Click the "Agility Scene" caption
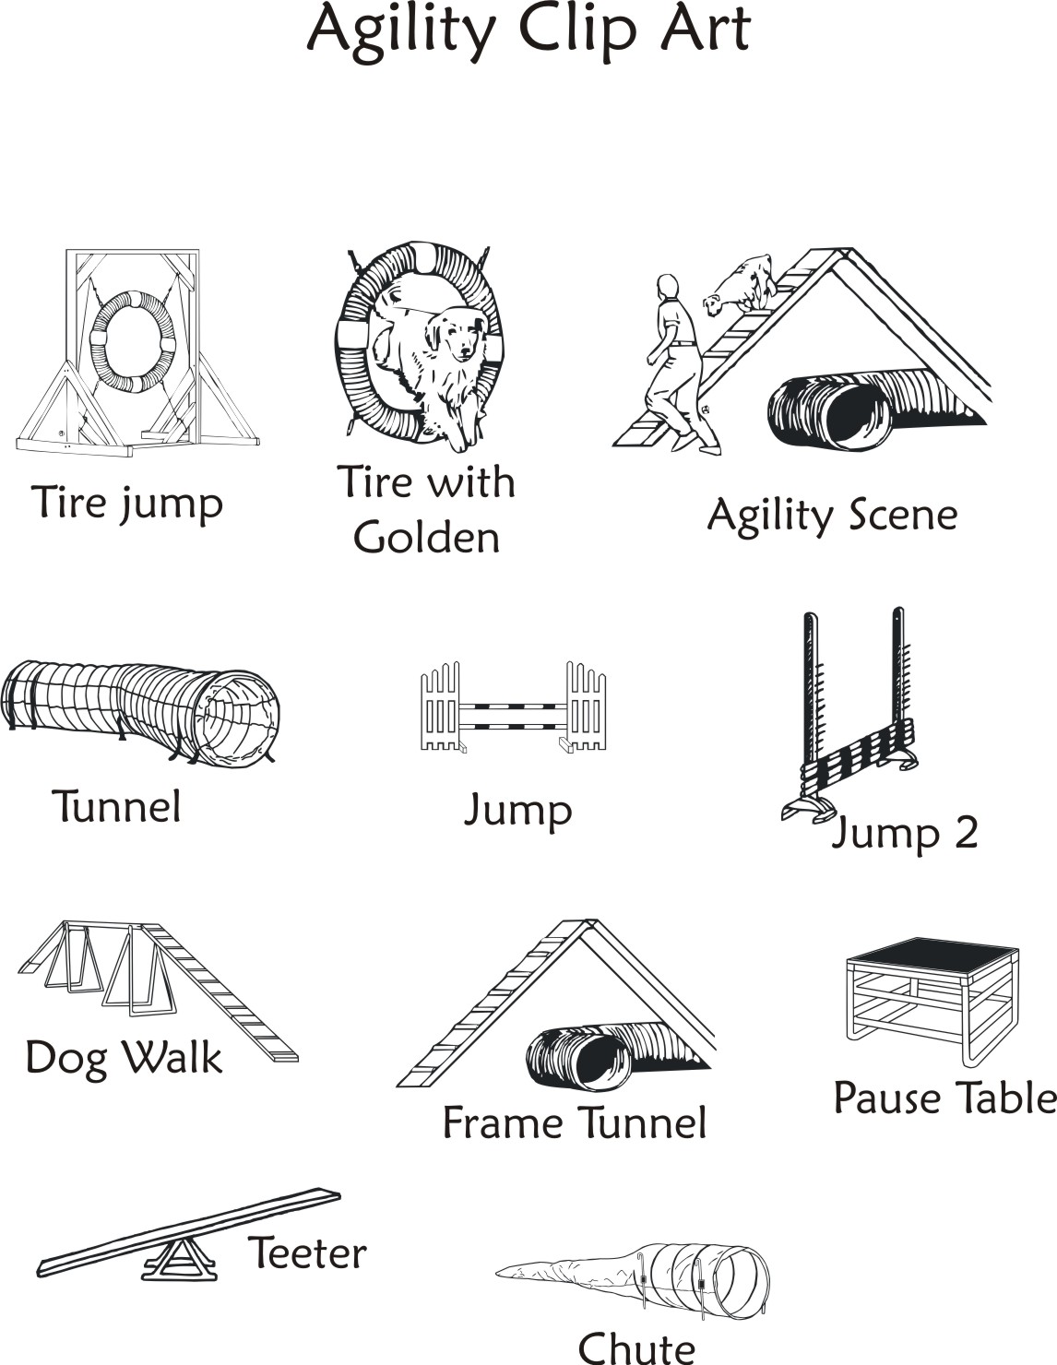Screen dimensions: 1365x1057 (x=832, y=516)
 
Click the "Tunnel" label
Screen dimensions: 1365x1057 (x=116, y=807)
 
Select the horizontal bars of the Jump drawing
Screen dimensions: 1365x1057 (x=513, y=714)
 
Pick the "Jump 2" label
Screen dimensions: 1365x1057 (x=904, y=833)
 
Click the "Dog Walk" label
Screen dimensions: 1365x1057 (x=124, y=1058)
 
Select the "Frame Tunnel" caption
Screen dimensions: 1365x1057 (x=574, y=1123)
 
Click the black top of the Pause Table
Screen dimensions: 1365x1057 (x=932, y=954)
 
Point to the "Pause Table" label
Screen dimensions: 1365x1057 (x=944, y=1098)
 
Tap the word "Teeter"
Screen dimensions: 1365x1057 (x=307, y=1253)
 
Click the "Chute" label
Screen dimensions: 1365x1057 (x=636, y=1347)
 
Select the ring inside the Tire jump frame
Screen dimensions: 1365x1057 (x=132, y=341)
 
